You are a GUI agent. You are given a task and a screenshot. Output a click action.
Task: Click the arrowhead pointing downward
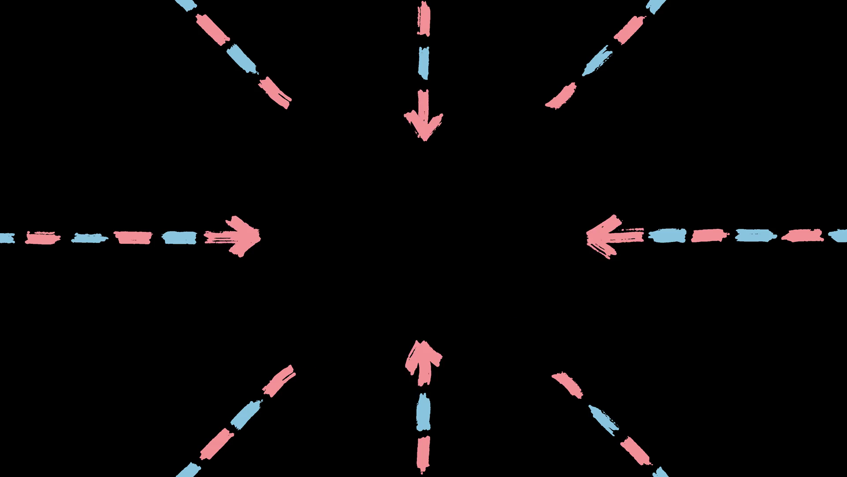(x=423, y=121)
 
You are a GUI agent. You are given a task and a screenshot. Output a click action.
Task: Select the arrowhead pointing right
(x=240, y=236)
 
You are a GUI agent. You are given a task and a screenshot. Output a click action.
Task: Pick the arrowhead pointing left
(x=607, y=236)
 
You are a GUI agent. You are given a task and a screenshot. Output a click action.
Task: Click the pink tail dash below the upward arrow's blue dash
(x=423, y=453)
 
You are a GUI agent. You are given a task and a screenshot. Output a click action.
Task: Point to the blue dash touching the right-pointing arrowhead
(x=179, y=238)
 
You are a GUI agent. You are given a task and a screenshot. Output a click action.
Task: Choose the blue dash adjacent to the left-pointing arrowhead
(x=667, y=235)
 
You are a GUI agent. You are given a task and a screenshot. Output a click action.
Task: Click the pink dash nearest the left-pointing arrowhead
(x=709, y=235)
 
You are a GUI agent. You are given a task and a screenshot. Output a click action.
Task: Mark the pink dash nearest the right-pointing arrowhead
(x=133, y=237)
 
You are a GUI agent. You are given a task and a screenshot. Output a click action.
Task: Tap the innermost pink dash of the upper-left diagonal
(x=275, y=93)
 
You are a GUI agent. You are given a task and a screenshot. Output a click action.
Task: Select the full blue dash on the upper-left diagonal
(x=242, y=60)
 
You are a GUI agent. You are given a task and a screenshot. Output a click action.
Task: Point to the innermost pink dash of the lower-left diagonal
(x=279, y=381)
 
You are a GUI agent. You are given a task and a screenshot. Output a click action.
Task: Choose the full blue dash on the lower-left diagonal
(x=246, y=415)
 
